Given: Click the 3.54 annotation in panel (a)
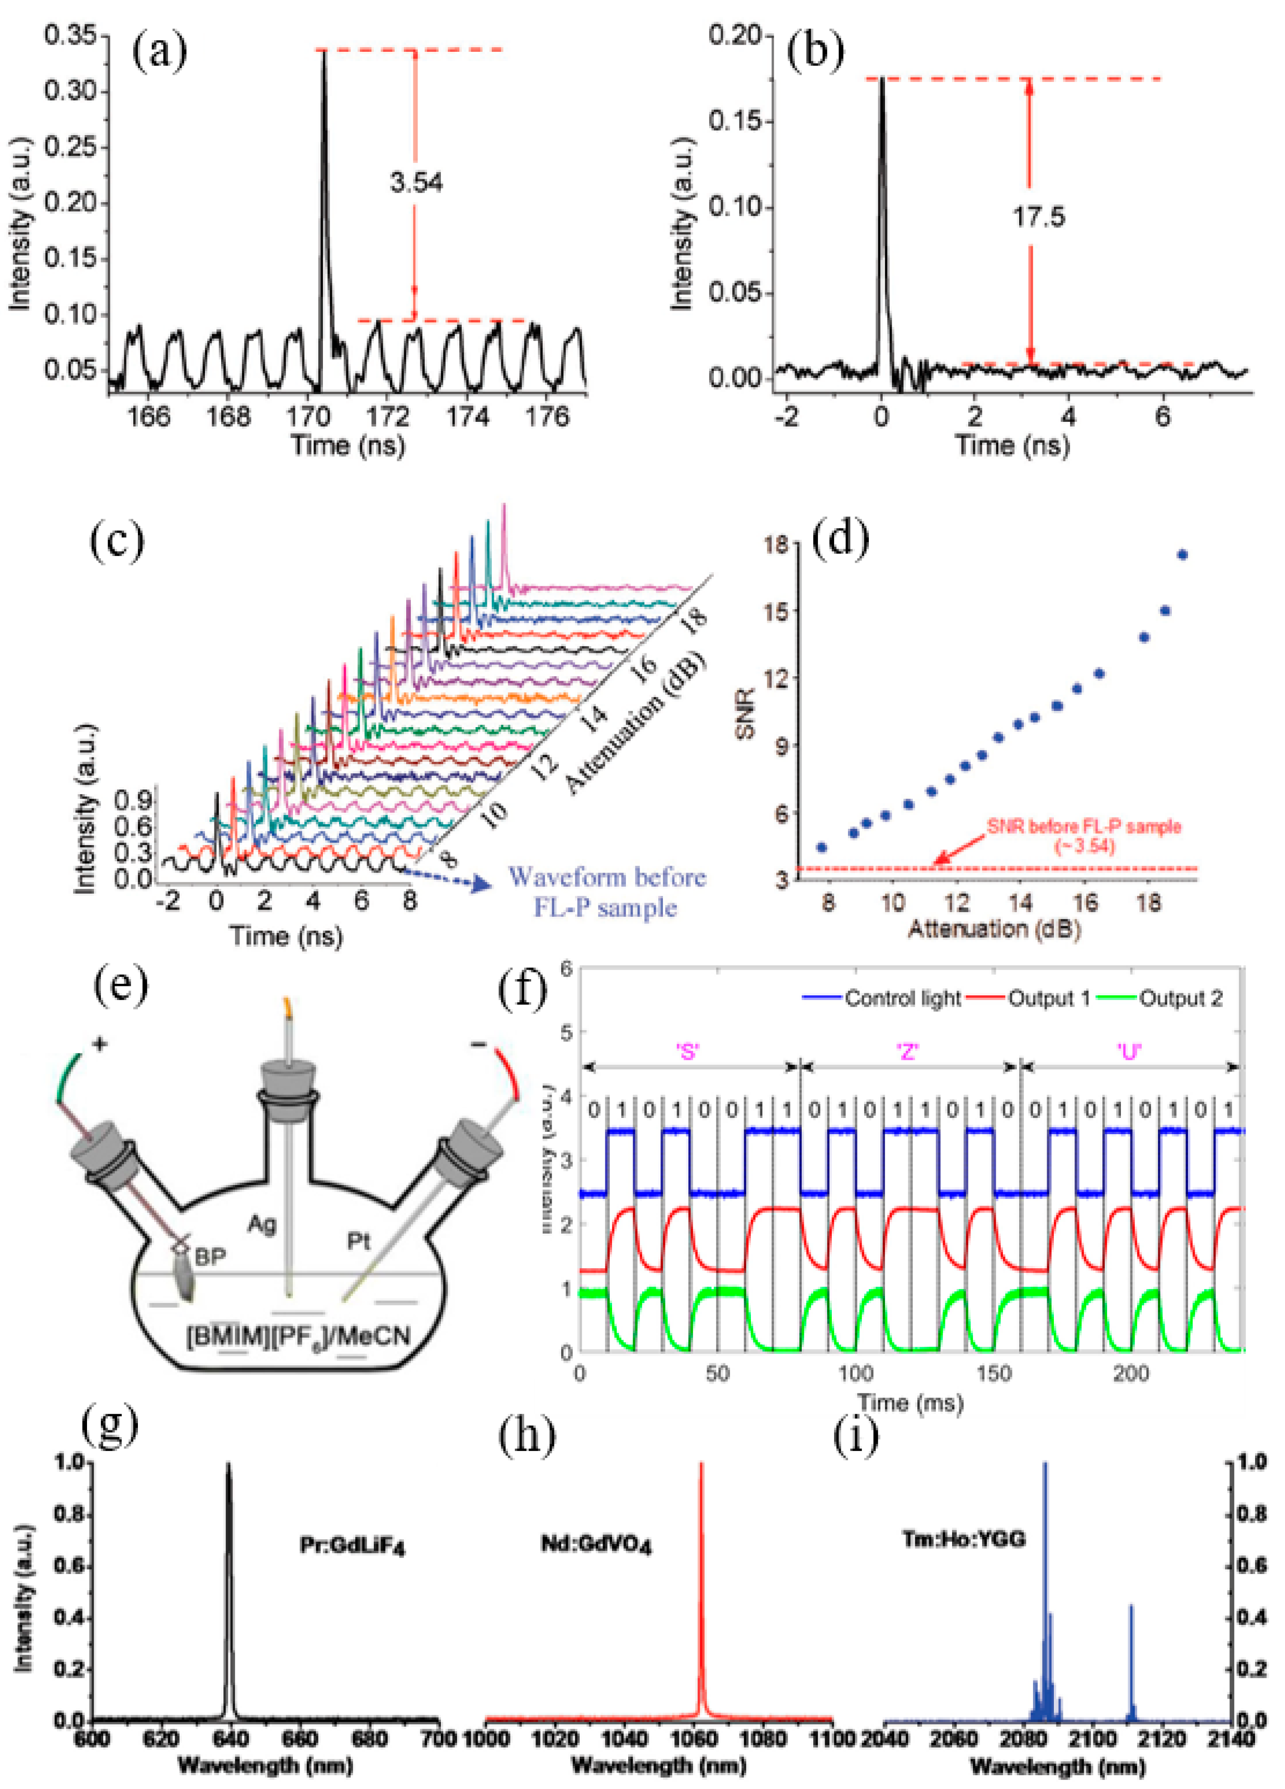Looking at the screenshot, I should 416,183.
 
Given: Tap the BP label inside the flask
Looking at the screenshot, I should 210,1256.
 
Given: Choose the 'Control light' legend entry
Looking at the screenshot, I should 902,999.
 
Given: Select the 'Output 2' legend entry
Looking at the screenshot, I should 1180,999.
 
